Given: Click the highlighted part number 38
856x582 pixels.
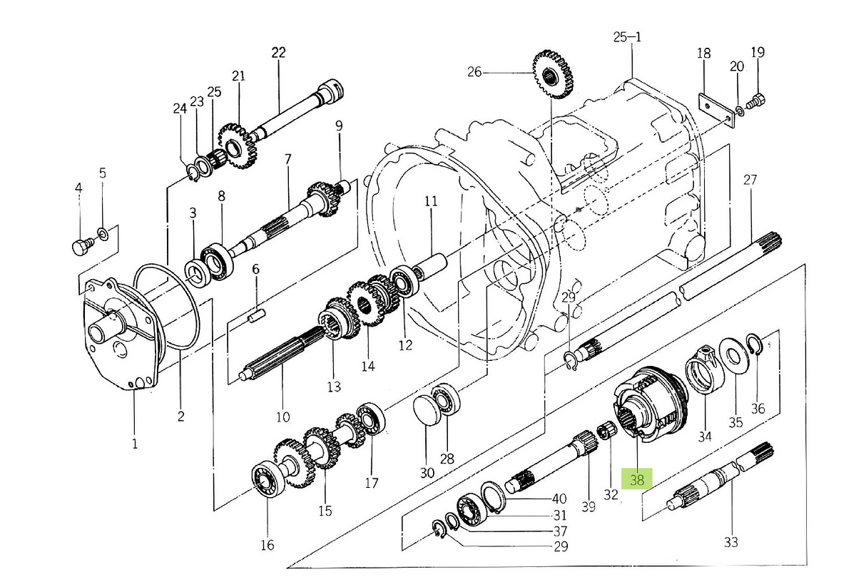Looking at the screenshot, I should (637, 479).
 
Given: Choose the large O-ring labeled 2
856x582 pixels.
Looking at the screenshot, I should (168, 307).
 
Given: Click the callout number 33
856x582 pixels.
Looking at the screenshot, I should (730, 543).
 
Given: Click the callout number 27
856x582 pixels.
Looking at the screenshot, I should (750, 180).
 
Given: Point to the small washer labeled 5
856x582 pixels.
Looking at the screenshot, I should (103, 233).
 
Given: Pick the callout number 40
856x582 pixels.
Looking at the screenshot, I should (559, 499).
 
